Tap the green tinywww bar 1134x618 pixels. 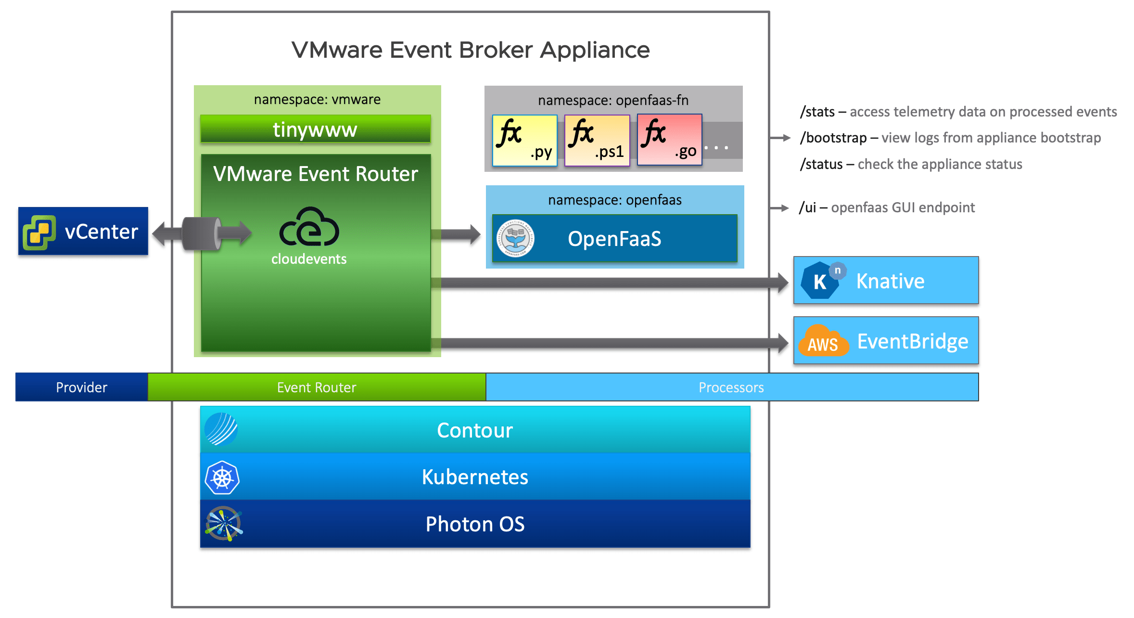pos(315,129)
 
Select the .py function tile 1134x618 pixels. pos(525,140)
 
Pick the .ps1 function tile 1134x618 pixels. pos(597,140)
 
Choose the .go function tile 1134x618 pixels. pos(669,140)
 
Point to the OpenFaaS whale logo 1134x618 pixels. pos(515,239)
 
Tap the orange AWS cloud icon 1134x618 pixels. pos(823,341)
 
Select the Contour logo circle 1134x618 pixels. pos(221,429)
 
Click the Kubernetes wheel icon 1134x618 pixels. pos(222,478)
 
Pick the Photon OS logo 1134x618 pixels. pos(223,524)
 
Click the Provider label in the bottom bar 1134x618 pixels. pos(81,387)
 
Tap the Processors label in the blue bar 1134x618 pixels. pos(731,387)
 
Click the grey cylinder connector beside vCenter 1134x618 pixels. pos(202,233)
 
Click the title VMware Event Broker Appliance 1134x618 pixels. pos(471,50)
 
